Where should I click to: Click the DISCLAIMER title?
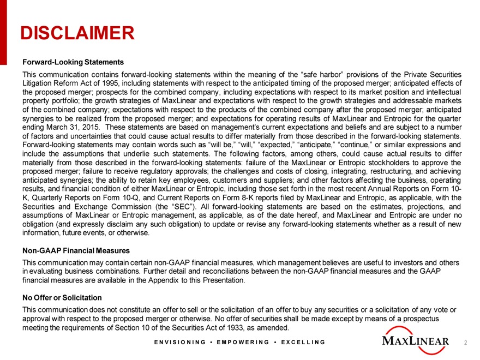point(77,33)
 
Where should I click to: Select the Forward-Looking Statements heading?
point(73,62)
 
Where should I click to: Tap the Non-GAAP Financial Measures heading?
point(75,251)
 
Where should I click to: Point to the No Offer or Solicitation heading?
point(62,298)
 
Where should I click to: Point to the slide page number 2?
point(465,343)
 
